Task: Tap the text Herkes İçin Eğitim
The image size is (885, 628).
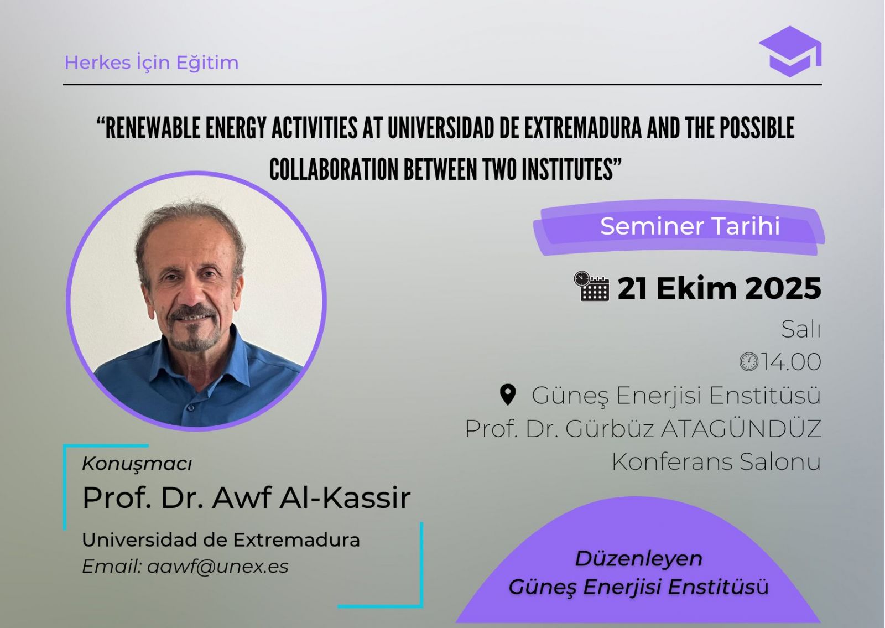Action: point(152,63)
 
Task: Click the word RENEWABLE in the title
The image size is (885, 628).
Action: point(153,128)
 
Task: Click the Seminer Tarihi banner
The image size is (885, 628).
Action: point(679,227)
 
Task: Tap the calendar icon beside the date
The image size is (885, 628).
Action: point(591,286)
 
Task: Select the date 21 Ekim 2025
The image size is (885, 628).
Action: point(720,288)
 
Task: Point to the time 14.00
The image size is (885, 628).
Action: point(792,362)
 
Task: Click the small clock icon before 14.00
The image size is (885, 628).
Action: point(749,362)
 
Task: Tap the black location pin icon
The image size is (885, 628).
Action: point(508,395)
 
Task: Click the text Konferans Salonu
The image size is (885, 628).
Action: point(716,461)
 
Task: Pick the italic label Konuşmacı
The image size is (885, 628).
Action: point(137,464)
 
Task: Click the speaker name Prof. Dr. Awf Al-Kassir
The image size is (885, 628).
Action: point(247,497)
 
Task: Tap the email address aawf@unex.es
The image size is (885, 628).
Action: point(218,567)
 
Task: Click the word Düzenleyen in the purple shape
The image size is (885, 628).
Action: point(639,559)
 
